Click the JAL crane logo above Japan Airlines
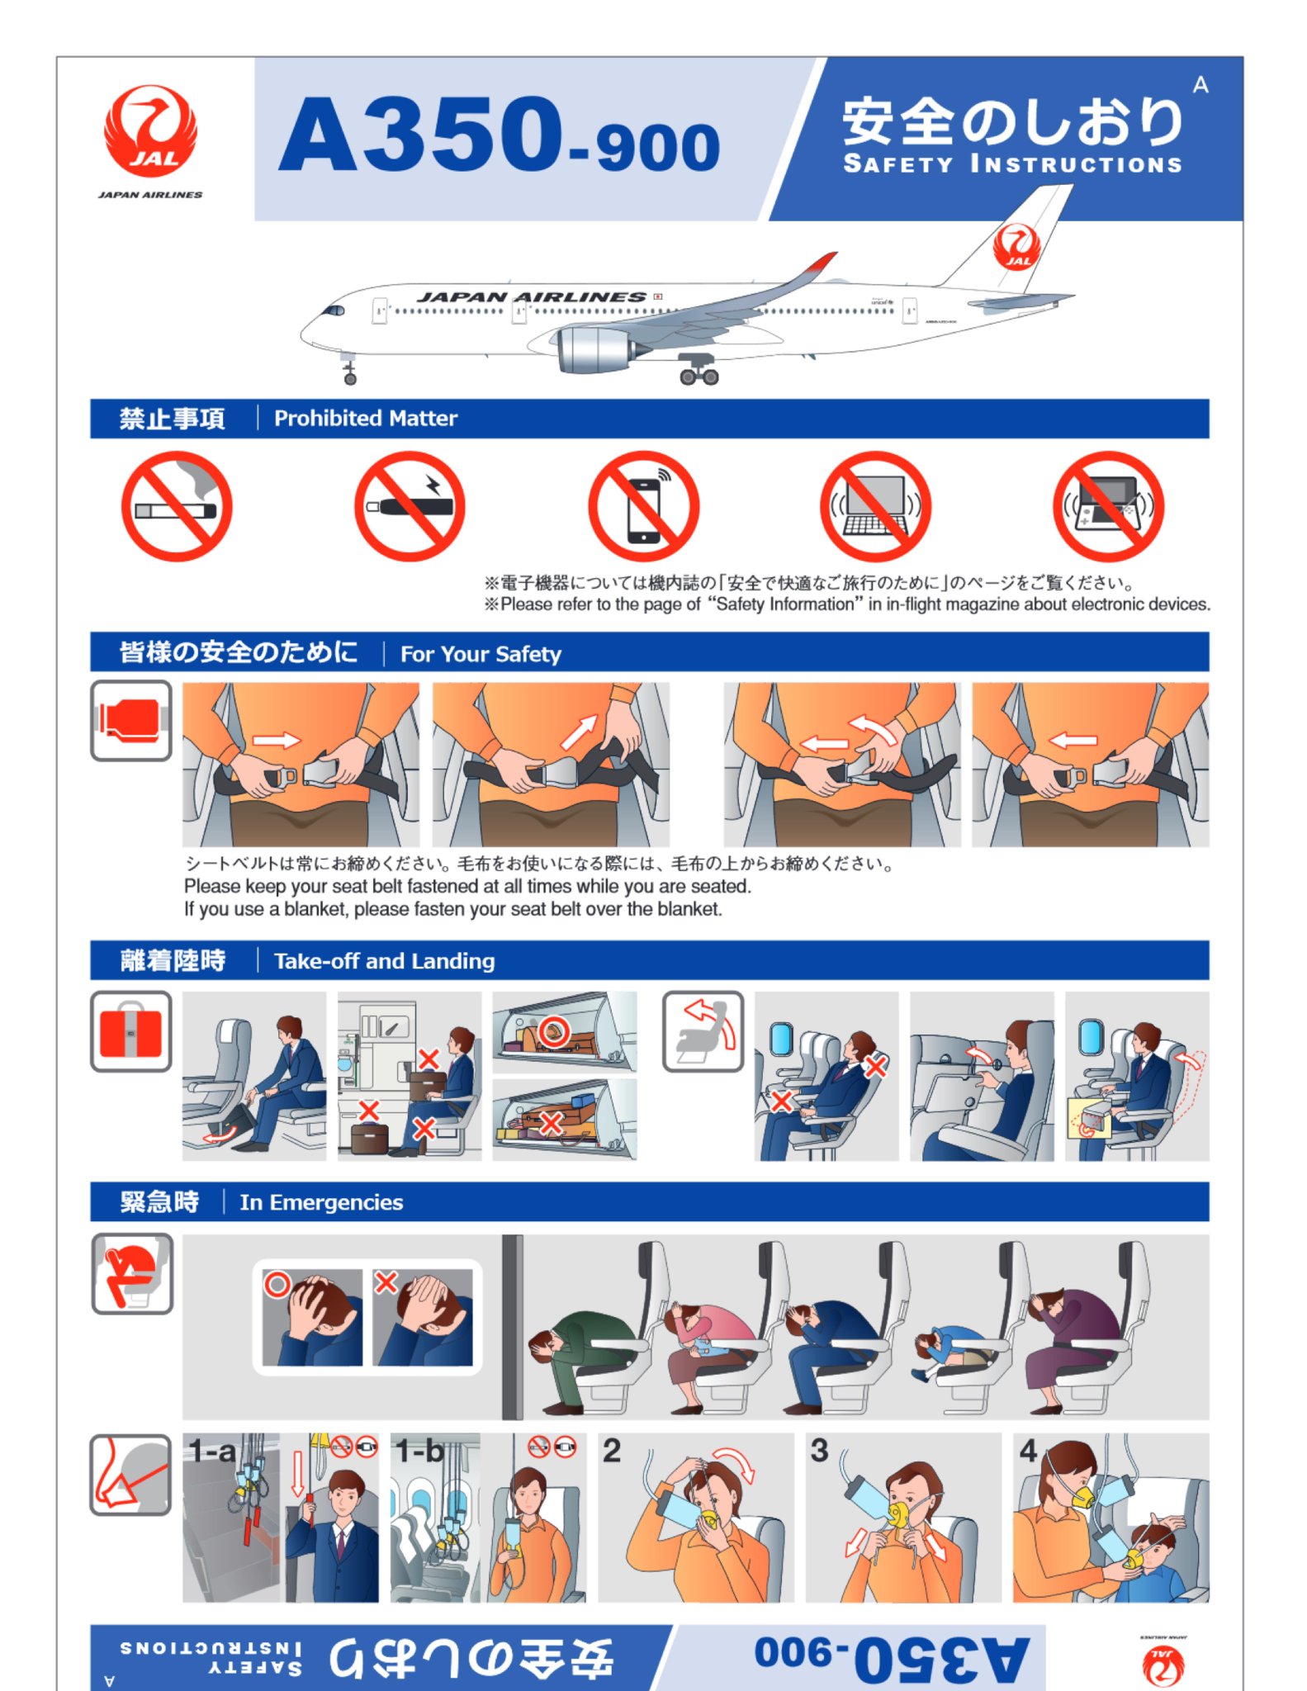(150, 132)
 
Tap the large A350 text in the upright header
(422, 135)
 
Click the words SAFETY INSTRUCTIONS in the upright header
(1012, 163)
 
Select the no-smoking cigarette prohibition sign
(177, 506)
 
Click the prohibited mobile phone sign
(643, 506)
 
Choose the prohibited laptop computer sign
(875, 506)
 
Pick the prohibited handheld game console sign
(1108, 506)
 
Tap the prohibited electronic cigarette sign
(410, 506)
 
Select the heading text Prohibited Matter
(366, 419)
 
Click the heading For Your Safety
(481, 654)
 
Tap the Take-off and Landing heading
(385, 961)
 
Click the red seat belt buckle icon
(130, 720)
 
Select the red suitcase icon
(130, 1031)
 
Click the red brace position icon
(132, 1273)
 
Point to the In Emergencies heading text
(321, 1202)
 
